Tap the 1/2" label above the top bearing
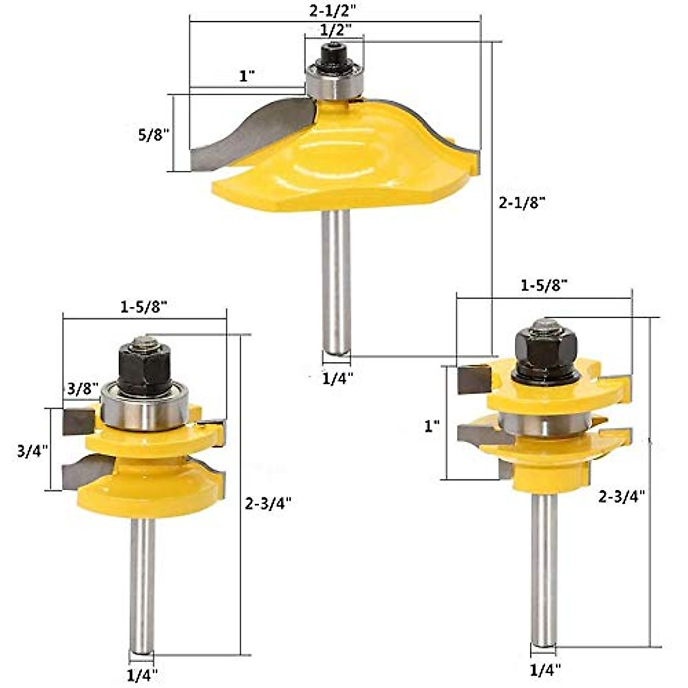click(334, 30)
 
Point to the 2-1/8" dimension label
click(522, 203)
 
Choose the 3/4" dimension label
click(33, 451)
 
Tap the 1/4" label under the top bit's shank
click(337, 378)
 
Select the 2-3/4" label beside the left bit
click(268, 503)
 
